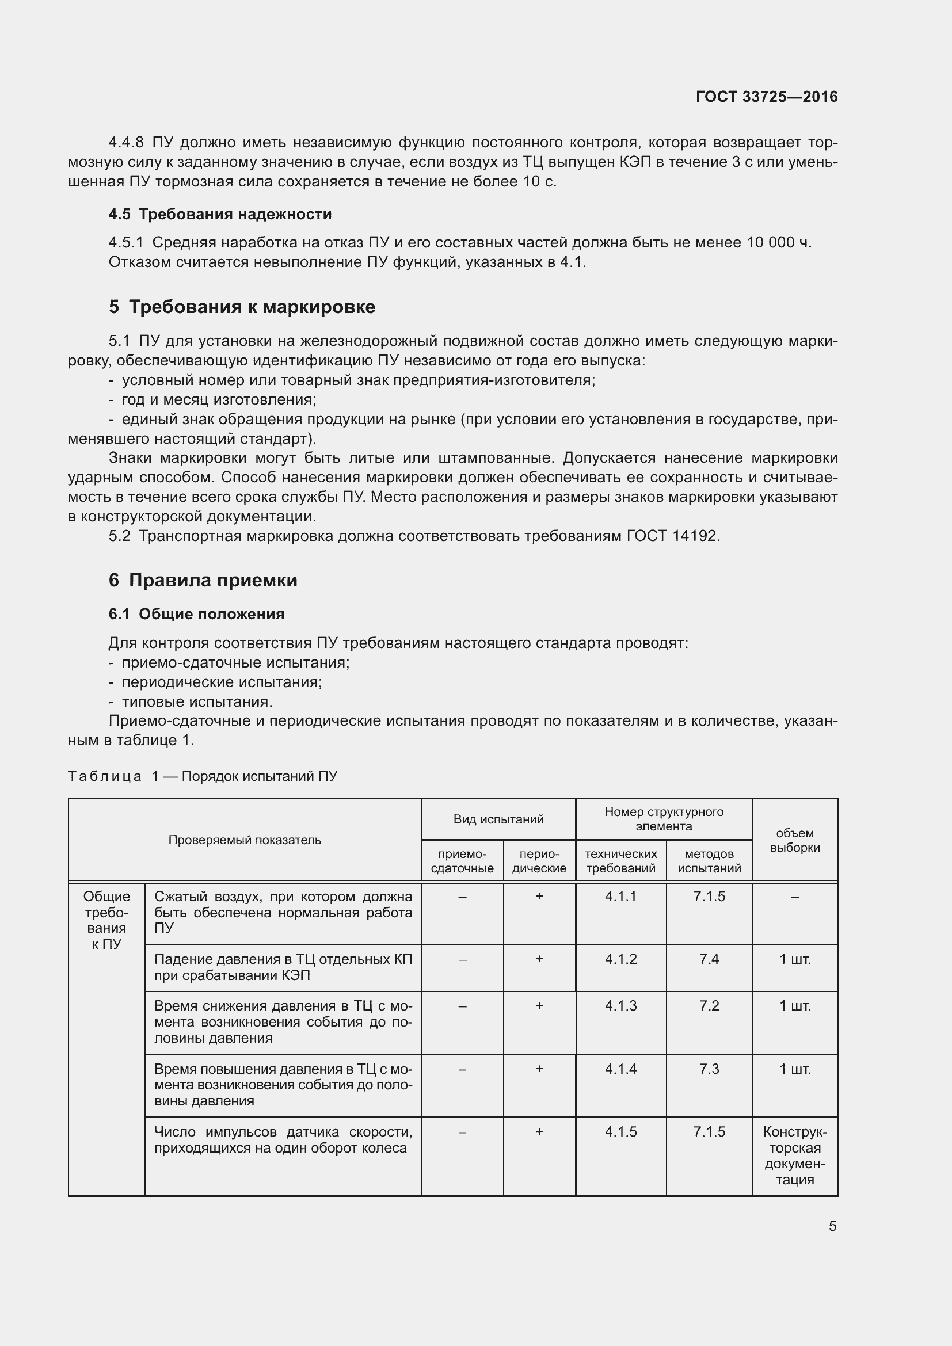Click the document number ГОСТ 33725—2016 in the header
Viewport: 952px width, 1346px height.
[766, 97]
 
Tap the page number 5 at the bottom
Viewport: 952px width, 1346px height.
[832, 1226]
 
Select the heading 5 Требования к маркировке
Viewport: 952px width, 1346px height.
[242, 307]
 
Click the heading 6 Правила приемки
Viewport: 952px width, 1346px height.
[203, 580]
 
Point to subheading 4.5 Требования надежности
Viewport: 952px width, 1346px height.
[220, 214]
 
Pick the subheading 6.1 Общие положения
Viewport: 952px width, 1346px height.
[196, 614]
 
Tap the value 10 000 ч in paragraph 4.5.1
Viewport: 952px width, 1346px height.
[779, 242]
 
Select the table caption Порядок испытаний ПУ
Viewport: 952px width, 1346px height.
[259, 776]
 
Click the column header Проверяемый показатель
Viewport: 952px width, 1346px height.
[245, 840]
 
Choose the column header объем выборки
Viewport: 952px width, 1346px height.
[794, 840]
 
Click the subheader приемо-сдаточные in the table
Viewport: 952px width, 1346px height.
[462, 861]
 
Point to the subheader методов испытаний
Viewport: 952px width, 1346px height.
[709, 861]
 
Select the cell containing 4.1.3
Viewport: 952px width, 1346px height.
[620, 1005]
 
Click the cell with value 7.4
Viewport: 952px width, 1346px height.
[709, 959]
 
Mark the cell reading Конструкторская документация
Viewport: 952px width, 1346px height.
[794, 1156]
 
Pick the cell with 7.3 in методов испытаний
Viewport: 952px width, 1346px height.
[709, 1069]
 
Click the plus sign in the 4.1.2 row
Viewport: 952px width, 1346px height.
[539, 959]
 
